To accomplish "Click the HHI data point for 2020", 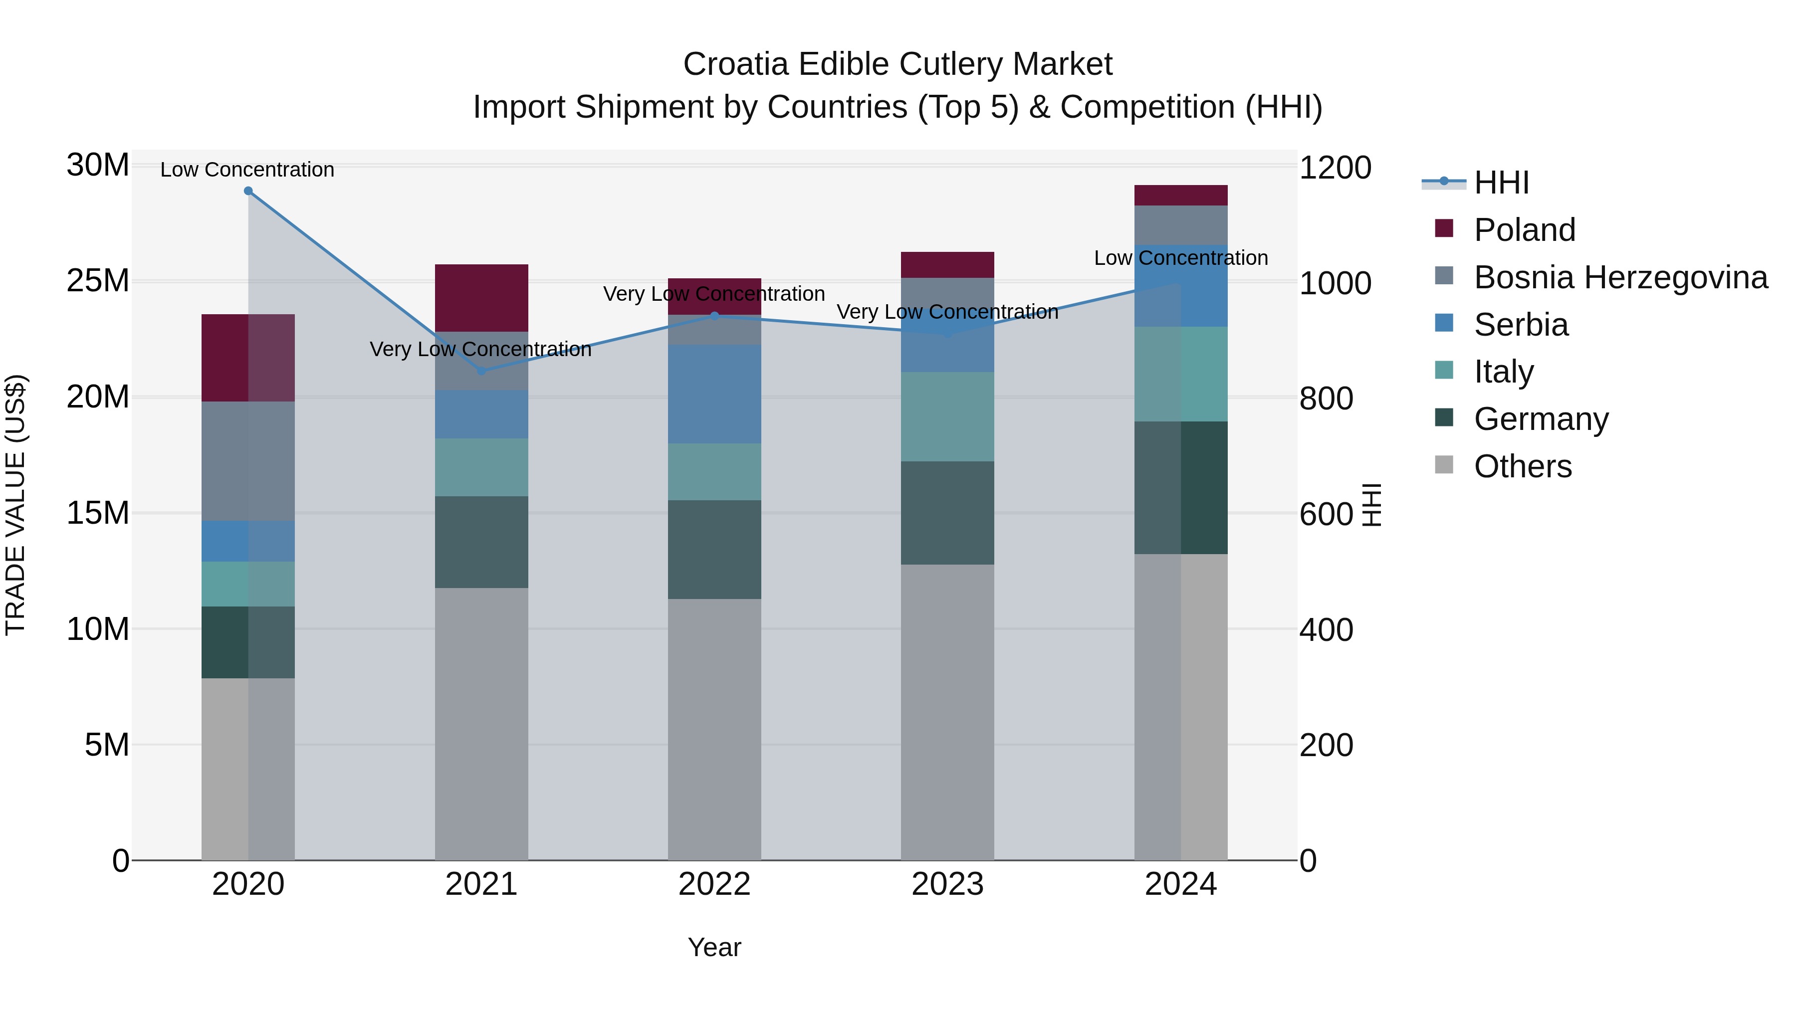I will [248, 191].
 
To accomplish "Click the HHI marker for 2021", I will [481, 371].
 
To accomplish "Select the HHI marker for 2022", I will [714, 316].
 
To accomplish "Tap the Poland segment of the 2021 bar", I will [481, 298].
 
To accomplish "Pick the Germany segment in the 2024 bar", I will [1180, 487].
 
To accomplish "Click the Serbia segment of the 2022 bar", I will [714, 394].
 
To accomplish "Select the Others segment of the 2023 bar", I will [947, 711].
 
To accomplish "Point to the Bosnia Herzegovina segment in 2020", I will [248, 461].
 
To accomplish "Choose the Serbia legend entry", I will [1521, 325].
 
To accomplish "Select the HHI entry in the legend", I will [1501, 183].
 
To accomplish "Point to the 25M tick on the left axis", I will [98, 281].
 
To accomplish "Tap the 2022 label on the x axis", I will [714, 884].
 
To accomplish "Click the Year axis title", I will [714, 947].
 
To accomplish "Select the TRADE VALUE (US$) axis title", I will [15, 505].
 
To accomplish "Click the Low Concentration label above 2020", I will [247, 170].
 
